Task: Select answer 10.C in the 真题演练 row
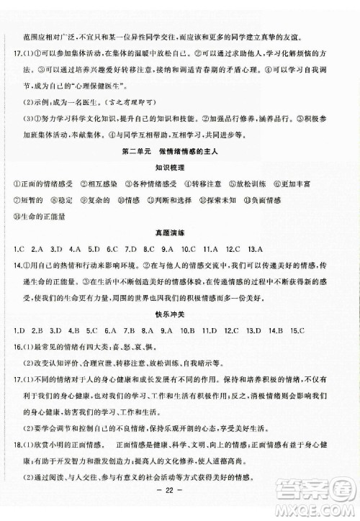point(189,249)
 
